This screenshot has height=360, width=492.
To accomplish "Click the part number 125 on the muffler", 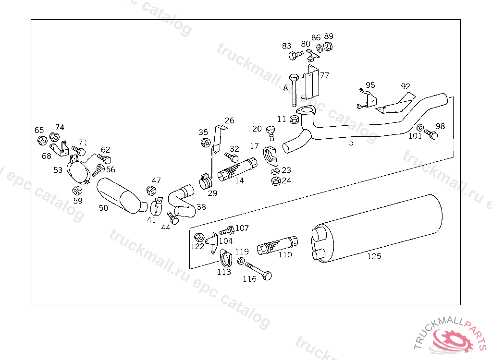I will [x=374, y=256].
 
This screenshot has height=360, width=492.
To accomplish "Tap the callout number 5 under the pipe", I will [x=351, y=143].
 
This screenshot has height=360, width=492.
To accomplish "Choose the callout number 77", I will [x=325, y=75].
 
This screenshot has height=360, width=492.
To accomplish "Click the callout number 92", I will [x=406, y=86].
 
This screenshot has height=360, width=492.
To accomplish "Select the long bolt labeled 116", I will [x=258, y=271].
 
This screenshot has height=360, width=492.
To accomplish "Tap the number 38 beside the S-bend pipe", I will [x=201, y=207].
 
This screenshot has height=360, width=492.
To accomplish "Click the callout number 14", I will [x=239, y=181].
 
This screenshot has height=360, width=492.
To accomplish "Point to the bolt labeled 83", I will [x=294, y=56].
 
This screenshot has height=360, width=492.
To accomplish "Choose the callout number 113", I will [x=224, y=272].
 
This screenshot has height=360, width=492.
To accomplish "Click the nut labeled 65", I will [x=42, y=140].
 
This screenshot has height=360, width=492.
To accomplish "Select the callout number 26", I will [x=229, y=120].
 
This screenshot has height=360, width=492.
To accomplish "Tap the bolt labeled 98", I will [x=431, y=135].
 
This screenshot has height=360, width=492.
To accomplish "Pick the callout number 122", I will [x=197, y=246].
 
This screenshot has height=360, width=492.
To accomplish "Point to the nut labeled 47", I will [x=150, y=191].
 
